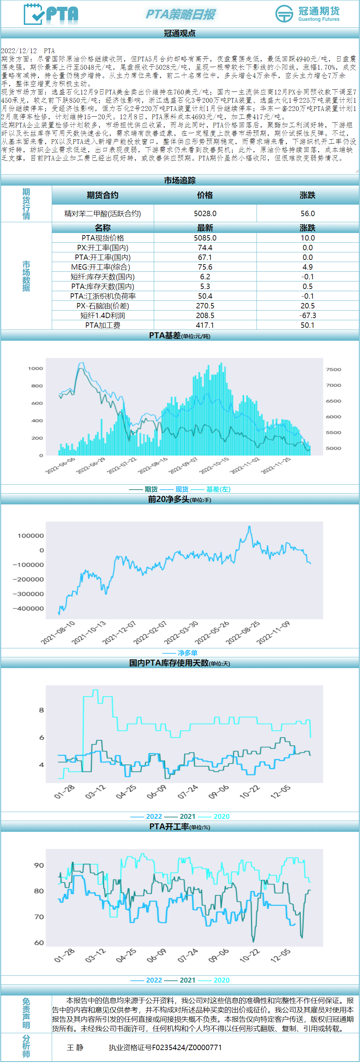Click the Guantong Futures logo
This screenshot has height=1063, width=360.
[x=308, y=14]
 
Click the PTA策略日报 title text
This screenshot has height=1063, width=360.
[x=180, y=14]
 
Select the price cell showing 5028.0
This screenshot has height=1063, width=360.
[x=205, y=213]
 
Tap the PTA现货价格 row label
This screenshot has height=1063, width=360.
[x=102, y=238]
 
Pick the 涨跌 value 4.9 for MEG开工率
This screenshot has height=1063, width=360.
[x=307, y=267]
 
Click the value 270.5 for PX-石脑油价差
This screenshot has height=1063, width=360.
[x=205, y=306]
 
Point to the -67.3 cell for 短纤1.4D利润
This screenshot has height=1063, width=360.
[x=307, y=315]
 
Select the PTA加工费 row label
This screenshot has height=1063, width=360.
[x=102, y=325]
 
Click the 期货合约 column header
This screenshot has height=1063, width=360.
[x=102, y=195]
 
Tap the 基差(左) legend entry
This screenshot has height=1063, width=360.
[x=218, y=489]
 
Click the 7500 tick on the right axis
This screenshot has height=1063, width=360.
[x=333, y=369]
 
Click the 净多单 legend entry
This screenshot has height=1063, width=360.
[x=187, y=653]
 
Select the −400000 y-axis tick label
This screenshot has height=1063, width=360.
[x=28, y=608]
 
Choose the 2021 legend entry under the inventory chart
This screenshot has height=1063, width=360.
[x=187, y=816]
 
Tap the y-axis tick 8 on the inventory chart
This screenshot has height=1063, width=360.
[x=41, y=710]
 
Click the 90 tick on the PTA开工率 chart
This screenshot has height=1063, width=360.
[x=39, y=865]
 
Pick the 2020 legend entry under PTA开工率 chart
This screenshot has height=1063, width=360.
[x=221, y=980]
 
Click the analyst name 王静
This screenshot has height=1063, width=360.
[x=75, y=1047]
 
